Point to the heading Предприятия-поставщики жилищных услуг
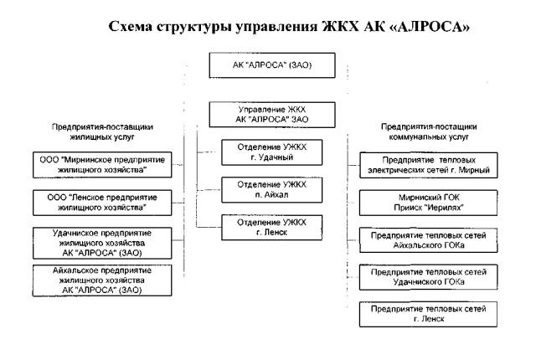(102, 131)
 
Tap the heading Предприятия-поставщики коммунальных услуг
(429, 131)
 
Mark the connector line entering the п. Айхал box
(209, 190)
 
